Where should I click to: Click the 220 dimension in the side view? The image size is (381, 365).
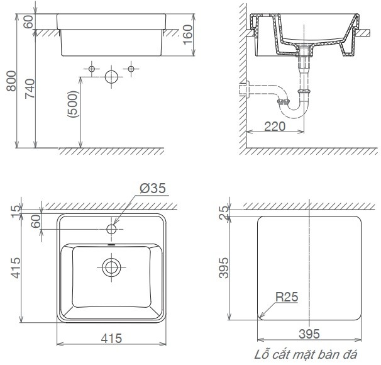coord(274,126)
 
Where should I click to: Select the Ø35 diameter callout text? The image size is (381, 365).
coord(153,188)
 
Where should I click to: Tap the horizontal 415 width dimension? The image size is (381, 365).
coord(111,338)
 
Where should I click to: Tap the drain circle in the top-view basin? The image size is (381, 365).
coord(112,266)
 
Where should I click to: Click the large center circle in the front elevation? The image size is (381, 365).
coord(112,77)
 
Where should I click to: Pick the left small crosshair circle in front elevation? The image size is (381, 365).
coord(92,67)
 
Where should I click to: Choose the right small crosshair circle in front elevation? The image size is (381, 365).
coord(131,67)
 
